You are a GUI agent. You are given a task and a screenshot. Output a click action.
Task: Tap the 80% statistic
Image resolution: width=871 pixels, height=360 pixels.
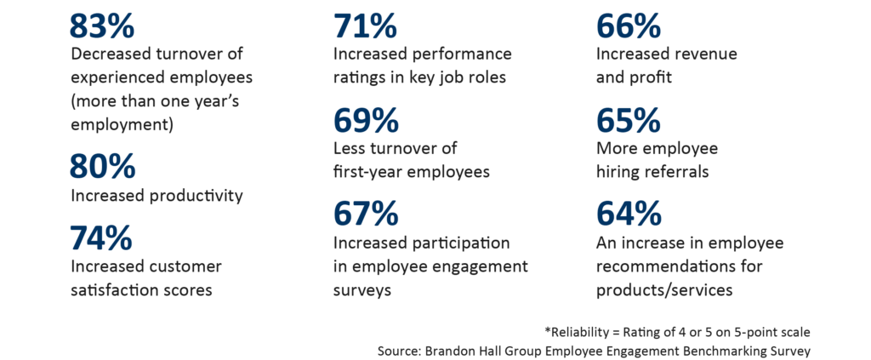point(101,165)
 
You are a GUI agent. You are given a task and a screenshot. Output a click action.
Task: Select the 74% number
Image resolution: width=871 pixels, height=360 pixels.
point(101,236)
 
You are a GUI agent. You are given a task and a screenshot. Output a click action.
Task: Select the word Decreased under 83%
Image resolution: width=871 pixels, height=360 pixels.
point(111,54)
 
